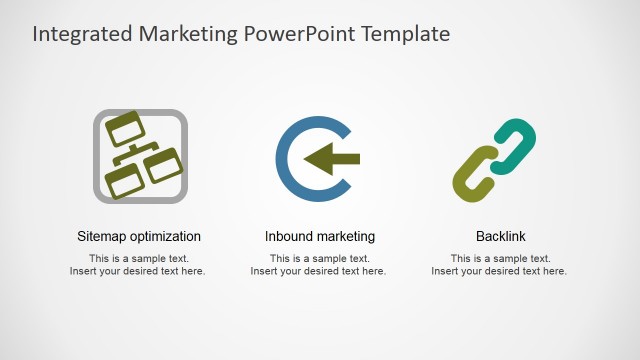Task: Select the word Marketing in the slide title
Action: click(x=187, y=34)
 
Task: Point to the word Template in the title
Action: click(x=406, y=34)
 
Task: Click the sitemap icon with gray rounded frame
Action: click(x=140, y=156)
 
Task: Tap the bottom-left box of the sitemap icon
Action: click(x=124, y=181)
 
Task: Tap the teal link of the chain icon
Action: click(x=515, y=142)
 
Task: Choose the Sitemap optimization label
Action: click(x=139, y=237)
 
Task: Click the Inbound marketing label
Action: click(x=320, y=237)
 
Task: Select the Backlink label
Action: click(x=500, y=237)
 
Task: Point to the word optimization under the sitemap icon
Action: click(x=164, y=237)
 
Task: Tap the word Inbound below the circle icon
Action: click(x=288, y=237)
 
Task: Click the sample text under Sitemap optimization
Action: click(x=139, y=265)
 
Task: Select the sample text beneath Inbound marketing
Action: click(x=320, y=265)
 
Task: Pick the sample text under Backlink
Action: click(x=500, y=265)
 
